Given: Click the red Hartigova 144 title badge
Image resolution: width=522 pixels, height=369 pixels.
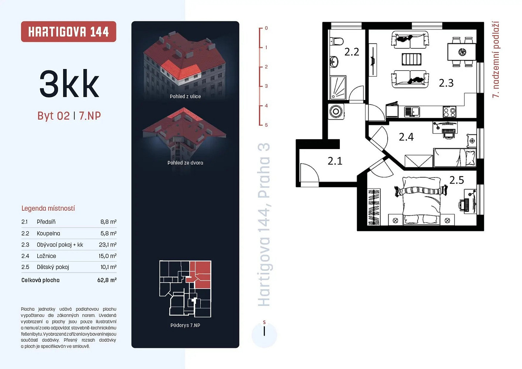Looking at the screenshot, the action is tap(69, 32).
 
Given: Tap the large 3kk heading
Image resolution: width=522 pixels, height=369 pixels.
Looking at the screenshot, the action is tap(69, 83).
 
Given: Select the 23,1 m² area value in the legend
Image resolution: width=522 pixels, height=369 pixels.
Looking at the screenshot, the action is tap(107, 245).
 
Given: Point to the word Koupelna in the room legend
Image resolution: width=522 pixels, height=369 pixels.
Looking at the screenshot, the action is tap(48, 233).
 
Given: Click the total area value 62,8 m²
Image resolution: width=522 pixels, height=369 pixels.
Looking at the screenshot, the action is tap(107, 280).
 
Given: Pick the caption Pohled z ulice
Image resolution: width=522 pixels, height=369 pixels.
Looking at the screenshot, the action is tap(185, 97).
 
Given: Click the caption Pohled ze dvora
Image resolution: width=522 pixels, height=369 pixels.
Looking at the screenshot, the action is tap(185, 163).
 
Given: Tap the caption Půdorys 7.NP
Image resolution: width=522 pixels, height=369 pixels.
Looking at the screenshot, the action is tap(185, 325).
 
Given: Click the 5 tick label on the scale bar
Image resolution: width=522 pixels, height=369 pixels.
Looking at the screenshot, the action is tap(266, 125).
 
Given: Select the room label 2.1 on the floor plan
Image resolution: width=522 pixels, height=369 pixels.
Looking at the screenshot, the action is tap(335, 161).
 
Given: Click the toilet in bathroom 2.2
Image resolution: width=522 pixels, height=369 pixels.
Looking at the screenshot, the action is tap(336, 41).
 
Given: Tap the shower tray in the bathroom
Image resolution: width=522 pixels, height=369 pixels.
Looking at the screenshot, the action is tap(338, 87).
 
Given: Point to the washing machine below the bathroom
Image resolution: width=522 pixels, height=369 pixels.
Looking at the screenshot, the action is tap(336, 112).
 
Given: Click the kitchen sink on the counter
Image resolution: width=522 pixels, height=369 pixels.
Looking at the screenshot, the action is tap(412, 112).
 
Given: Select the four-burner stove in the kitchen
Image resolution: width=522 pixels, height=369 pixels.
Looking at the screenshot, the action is tap(449, 112).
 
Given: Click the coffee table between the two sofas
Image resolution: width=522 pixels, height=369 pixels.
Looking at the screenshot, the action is tap(411, 59).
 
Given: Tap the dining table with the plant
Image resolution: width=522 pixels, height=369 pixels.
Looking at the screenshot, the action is tap(461, 52).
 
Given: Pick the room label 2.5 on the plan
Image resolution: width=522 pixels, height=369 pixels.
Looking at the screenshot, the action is tap(456, 180).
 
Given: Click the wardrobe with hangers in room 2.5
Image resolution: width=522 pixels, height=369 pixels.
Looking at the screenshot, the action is tap(374, 207).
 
